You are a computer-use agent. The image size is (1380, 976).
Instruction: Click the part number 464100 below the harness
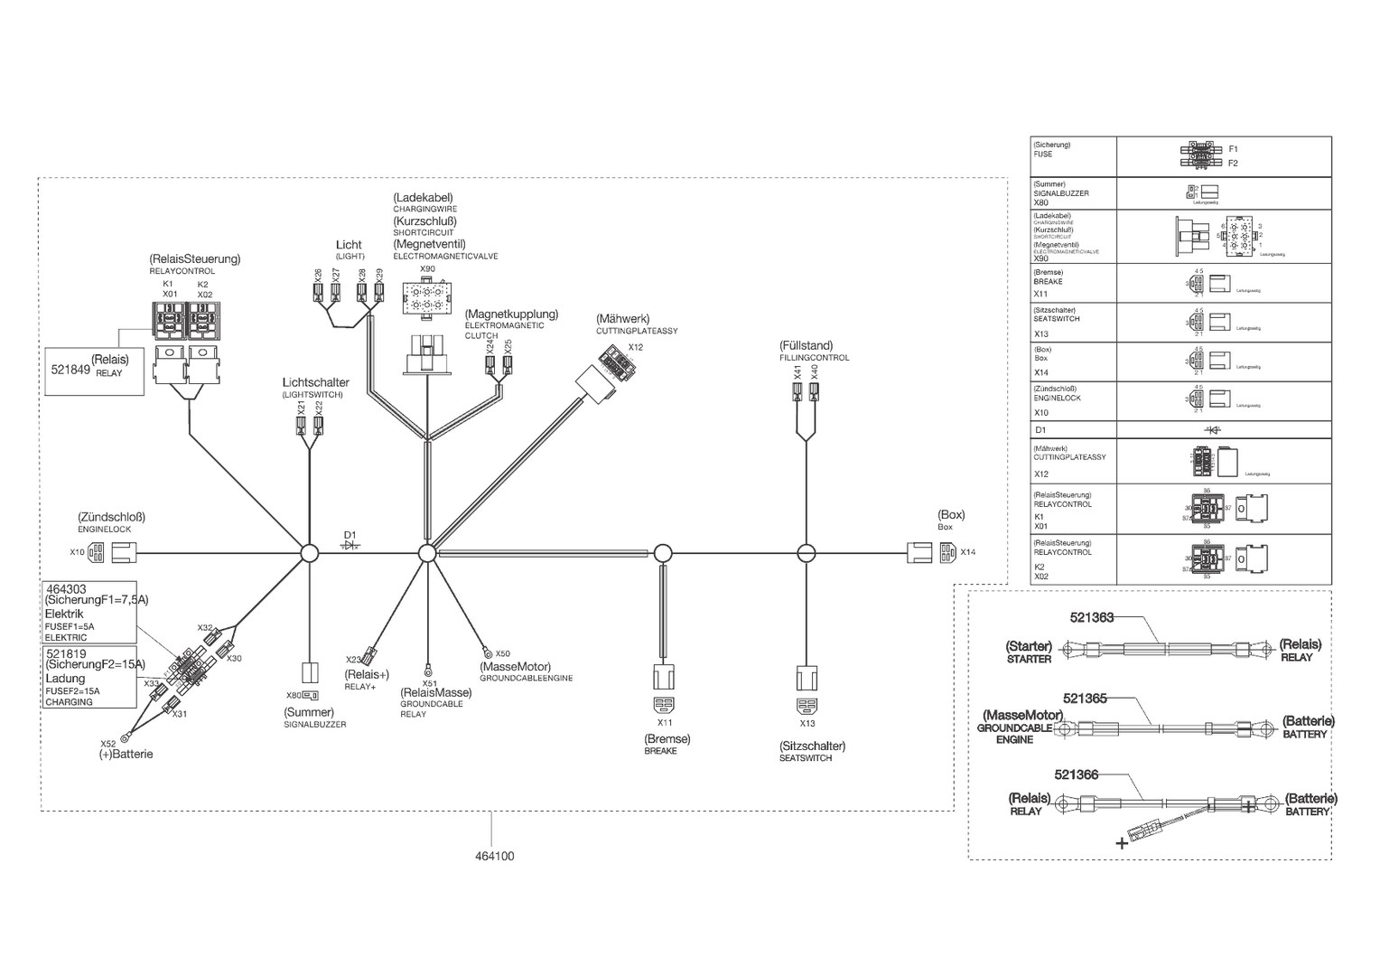493,856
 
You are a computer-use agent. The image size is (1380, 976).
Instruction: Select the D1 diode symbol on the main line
350,545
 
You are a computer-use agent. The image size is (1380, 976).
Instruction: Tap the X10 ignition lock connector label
77,552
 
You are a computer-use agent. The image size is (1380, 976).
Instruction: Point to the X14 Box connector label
968,552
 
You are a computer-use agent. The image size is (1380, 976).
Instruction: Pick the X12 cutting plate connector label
636,347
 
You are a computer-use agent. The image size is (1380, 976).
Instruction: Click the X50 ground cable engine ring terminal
486,649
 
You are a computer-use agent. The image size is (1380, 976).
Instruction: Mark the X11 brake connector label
665,722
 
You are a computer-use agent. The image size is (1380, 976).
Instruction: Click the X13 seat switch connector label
807,723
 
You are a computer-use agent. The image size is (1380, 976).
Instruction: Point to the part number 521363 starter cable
1091,618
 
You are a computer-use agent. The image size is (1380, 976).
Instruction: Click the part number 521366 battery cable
1076,774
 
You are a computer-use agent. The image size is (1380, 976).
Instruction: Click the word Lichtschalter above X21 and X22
315,383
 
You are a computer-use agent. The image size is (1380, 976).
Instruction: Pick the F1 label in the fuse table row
1233,149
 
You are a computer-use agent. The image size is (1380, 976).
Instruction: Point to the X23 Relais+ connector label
353,660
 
